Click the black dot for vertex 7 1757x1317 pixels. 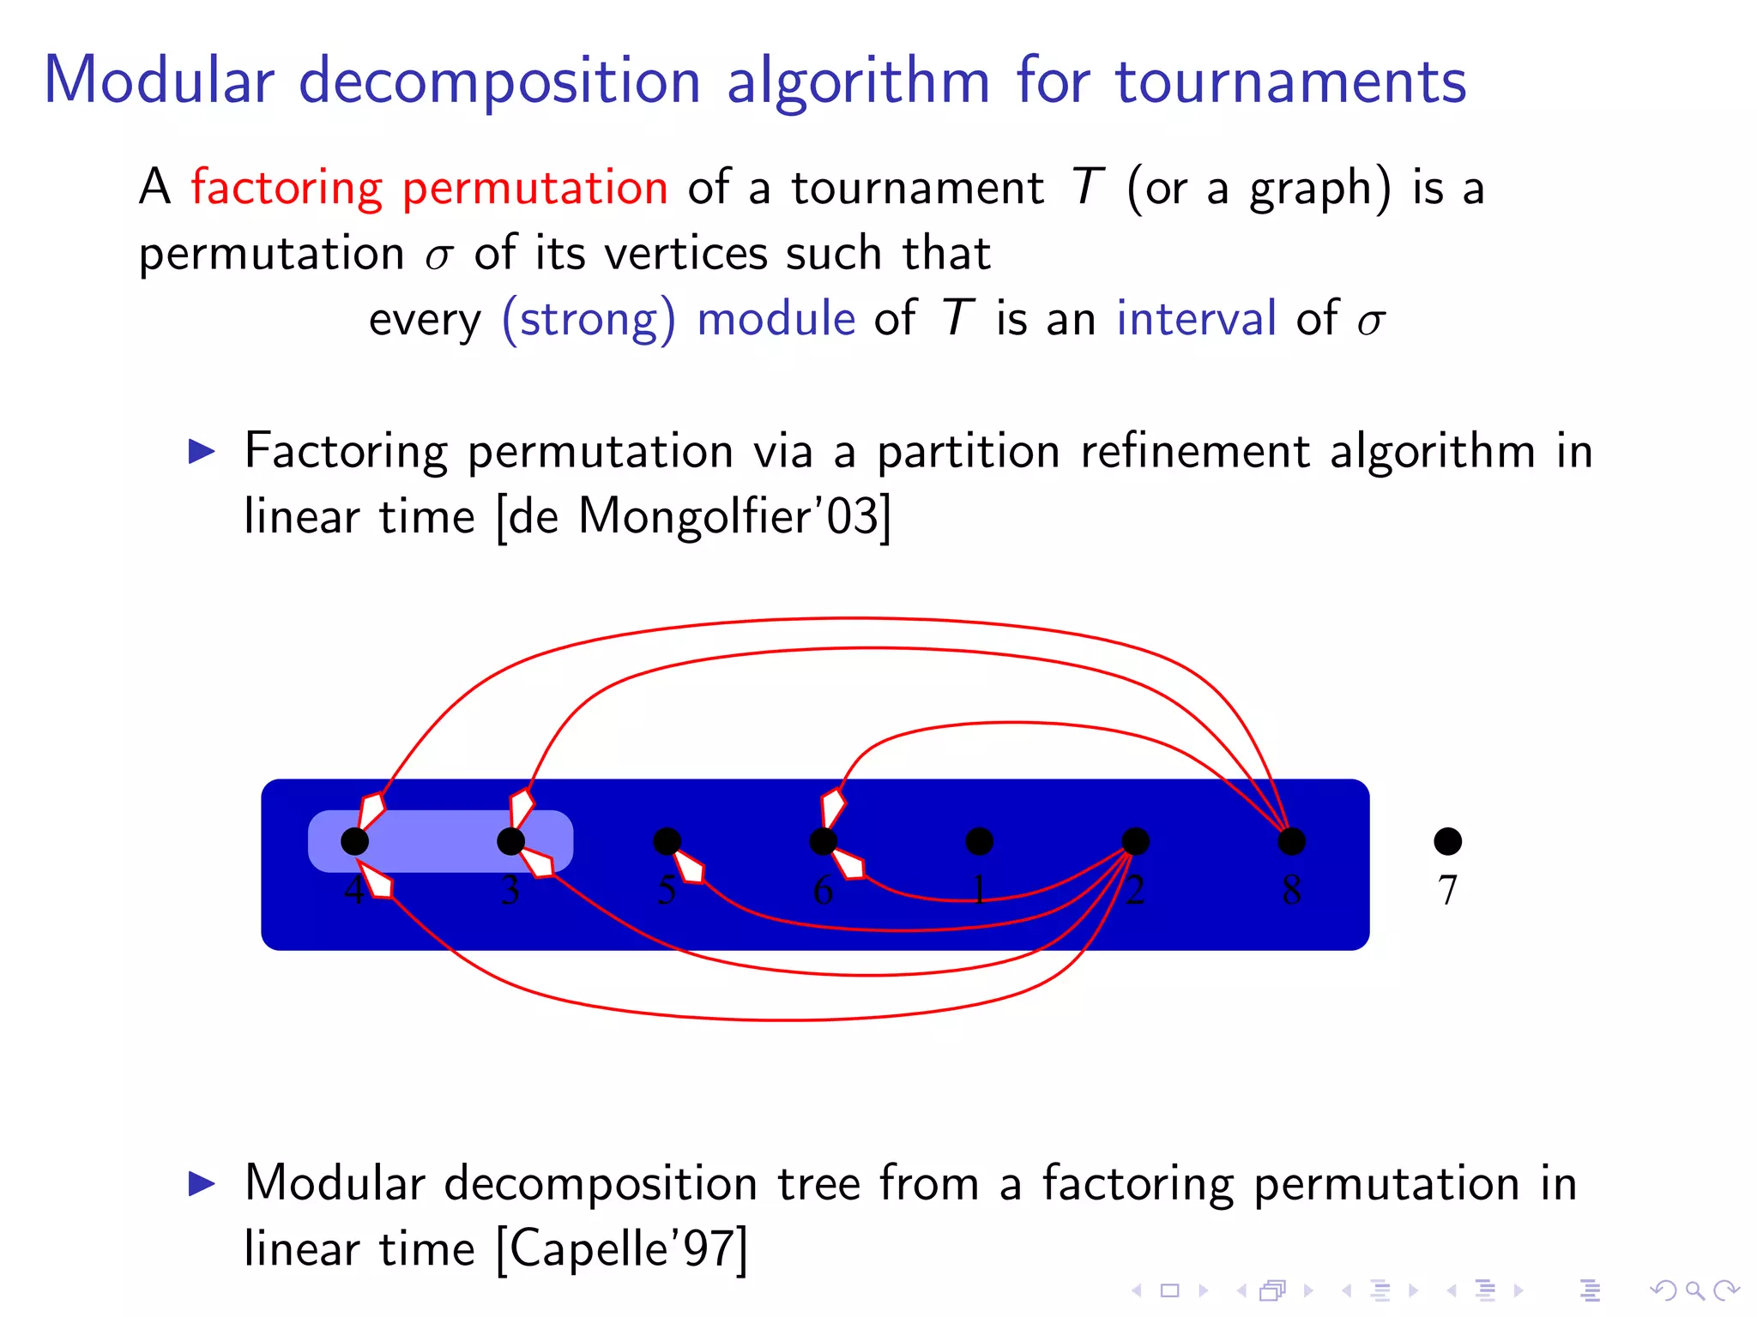(1447, 841)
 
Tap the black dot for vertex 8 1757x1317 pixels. (1291, 841)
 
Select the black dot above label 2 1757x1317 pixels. (1135, 841)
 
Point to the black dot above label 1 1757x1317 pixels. (979, 841)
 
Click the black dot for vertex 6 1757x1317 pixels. (823, 841)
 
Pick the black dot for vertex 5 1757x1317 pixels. (667, 841)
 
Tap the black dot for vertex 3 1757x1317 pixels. (510, 841)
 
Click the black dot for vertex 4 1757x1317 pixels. (354, 841)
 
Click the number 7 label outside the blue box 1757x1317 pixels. (1447, 890)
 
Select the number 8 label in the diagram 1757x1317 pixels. (1291, 890)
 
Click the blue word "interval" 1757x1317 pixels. (1196, 319)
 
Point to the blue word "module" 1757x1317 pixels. (776, 319)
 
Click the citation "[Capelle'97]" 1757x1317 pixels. (623, 1248)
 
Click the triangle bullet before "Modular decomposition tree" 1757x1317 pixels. (202, 1184)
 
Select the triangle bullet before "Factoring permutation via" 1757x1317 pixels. (202, 451)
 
